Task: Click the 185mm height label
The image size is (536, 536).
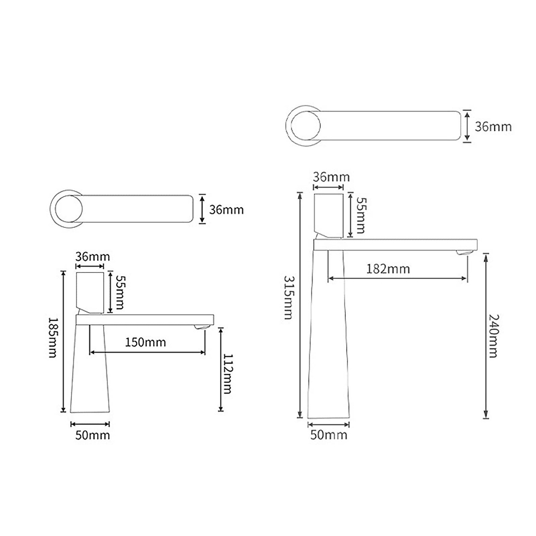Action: click(53, 338)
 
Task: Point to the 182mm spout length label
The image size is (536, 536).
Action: click(388, 269)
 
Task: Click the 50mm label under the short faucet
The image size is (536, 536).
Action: click(92, 435)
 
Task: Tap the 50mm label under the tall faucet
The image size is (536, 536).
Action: click(328, 435)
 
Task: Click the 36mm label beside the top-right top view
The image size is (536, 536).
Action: click(493, 127)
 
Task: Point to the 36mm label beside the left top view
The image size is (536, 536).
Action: click(226, 209)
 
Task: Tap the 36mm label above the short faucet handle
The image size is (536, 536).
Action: click(92, 257)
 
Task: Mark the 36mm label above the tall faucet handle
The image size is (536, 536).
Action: click(331, 177)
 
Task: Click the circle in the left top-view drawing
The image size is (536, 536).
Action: click(68, 208)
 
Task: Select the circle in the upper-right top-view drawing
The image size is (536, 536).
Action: click(304, 126)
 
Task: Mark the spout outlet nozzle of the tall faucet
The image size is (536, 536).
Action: click(464, 253)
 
